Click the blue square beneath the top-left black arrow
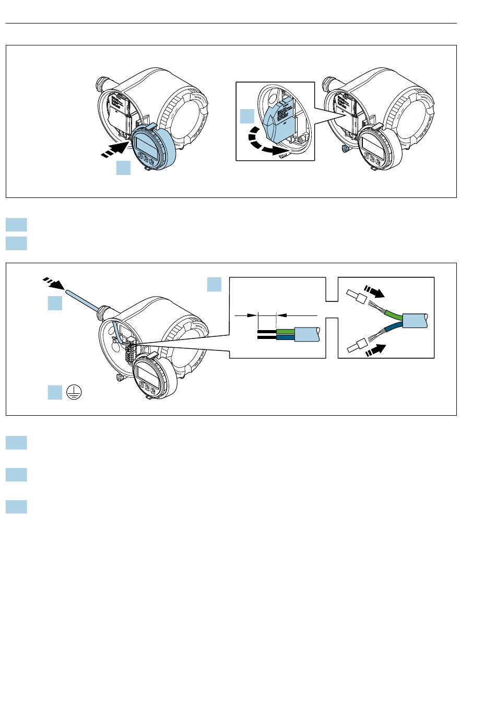123,168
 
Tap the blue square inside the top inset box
247,116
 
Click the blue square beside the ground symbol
55,392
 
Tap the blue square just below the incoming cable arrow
55,303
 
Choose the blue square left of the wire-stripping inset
214,285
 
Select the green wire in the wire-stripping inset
286,331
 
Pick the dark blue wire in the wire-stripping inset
286,338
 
